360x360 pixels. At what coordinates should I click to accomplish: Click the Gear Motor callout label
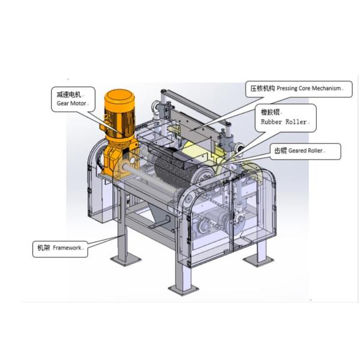tap(73, 99)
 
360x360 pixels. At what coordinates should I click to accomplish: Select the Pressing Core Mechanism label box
tap(299, 89)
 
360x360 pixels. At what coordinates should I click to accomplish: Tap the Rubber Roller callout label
tap(286, 118)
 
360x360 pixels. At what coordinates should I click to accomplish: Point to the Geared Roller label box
tap(305, 151)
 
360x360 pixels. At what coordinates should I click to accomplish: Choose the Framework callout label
tap(60, 249)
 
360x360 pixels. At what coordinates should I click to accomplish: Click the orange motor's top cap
tap(119, 97)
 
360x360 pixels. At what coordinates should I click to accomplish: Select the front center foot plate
tap(184, 290)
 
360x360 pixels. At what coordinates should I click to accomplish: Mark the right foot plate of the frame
tap(259, 261)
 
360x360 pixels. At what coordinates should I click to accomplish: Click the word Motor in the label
tap(78, 103)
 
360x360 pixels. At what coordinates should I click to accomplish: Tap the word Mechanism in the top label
tap(326, 88)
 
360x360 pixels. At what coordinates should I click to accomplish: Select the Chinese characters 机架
tap(44, 248)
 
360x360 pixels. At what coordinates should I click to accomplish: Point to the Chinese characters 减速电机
tap(69, 95)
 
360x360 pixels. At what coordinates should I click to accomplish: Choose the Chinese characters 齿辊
tap(281, 151)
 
